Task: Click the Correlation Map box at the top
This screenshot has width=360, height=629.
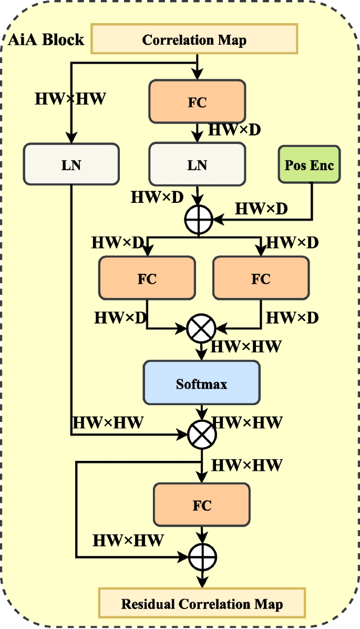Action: pyautogui.click(x=194, y=40)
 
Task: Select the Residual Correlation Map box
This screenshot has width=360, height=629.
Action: pyautogui.click(x=202, y=603)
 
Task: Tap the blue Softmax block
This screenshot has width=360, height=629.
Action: pyautogui.click(x=201, y=384)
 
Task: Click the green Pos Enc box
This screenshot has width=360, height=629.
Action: pyautogui.click(x=310, y=164)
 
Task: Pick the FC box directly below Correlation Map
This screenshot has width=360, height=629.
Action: pyautogui.click(x=197, y=102)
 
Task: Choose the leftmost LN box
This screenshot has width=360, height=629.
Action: pyautogui.click(x=71, y=164)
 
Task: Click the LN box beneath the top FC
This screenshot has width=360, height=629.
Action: pyautogui.click(x=197, y=164)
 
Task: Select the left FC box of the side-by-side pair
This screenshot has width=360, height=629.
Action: pyautogui.click(x=147, y=279)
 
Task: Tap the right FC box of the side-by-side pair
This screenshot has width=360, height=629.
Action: pyautogui.click(x=261, y=279)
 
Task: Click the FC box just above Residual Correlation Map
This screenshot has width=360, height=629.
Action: pyautogui.click(x=201, y=506)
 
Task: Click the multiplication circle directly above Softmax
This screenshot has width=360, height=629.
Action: pyautogui.click(x=201, y=329)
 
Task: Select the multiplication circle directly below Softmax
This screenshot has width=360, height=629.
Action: pyautogui.click(x=201, y=435)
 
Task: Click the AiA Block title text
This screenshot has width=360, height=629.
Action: pyautogui.click(x=46, y=40)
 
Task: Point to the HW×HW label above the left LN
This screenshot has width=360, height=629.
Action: pyautogui.click(x=70, y=98)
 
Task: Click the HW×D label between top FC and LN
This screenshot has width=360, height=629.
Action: pyautogui.click(x=234, y=129)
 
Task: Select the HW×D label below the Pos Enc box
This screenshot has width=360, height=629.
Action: pyautogui.click(x=261, y=208)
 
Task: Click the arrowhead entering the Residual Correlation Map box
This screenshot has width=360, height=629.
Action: pyautogui.click(x=202, y=582)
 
